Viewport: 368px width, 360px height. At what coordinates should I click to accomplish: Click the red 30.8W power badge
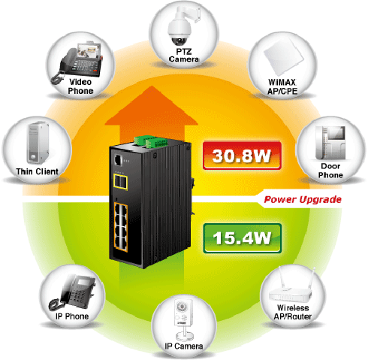(242, 156)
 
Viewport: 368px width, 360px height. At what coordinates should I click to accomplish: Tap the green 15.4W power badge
(243, 238)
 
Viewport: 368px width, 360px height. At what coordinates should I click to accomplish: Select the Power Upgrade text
(303, 200)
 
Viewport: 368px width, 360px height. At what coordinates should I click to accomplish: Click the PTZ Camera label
(184, 56)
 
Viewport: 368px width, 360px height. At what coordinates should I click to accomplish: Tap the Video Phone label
(80, 86)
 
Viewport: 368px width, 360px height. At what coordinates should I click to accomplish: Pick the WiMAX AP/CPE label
(282, 86)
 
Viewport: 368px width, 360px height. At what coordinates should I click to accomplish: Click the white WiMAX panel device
(284, 56)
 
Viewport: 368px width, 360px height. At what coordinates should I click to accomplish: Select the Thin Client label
(37, 171)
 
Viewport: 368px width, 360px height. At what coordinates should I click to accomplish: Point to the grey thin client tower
(38, 143)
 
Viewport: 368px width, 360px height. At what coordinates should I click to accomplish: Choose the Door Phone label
(330, 171)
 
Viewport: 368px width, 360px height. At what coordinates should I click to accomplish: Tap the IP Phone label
(72, 316)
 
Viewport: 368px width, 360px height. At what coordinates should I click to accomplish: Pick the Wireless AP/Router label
(292, 312)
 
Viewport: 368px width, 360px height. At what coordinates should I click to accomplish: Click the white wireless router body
(290, 295)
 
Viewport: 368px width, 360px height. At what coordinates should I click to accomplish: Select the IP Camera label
(184, 346)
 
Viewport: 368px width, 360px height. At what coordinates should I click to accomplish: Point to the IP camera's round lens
(181, 307)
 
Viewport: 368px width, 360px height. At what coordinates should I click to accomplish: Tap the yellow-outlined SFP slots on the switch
(120, 182)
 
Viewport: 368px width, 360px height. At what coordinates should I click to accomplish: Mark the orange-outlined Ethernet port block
(121, 227)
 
